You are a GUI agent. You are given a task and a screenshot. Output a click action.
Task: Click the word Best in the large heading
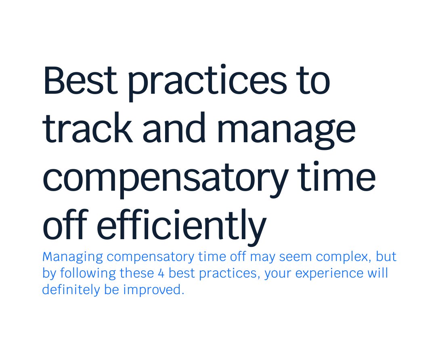pyautogui.click(x=80, y=81)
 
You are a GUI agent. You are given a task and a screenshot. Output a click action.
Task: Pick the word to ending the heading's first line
pyautogui.click(x=313, y=82)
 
